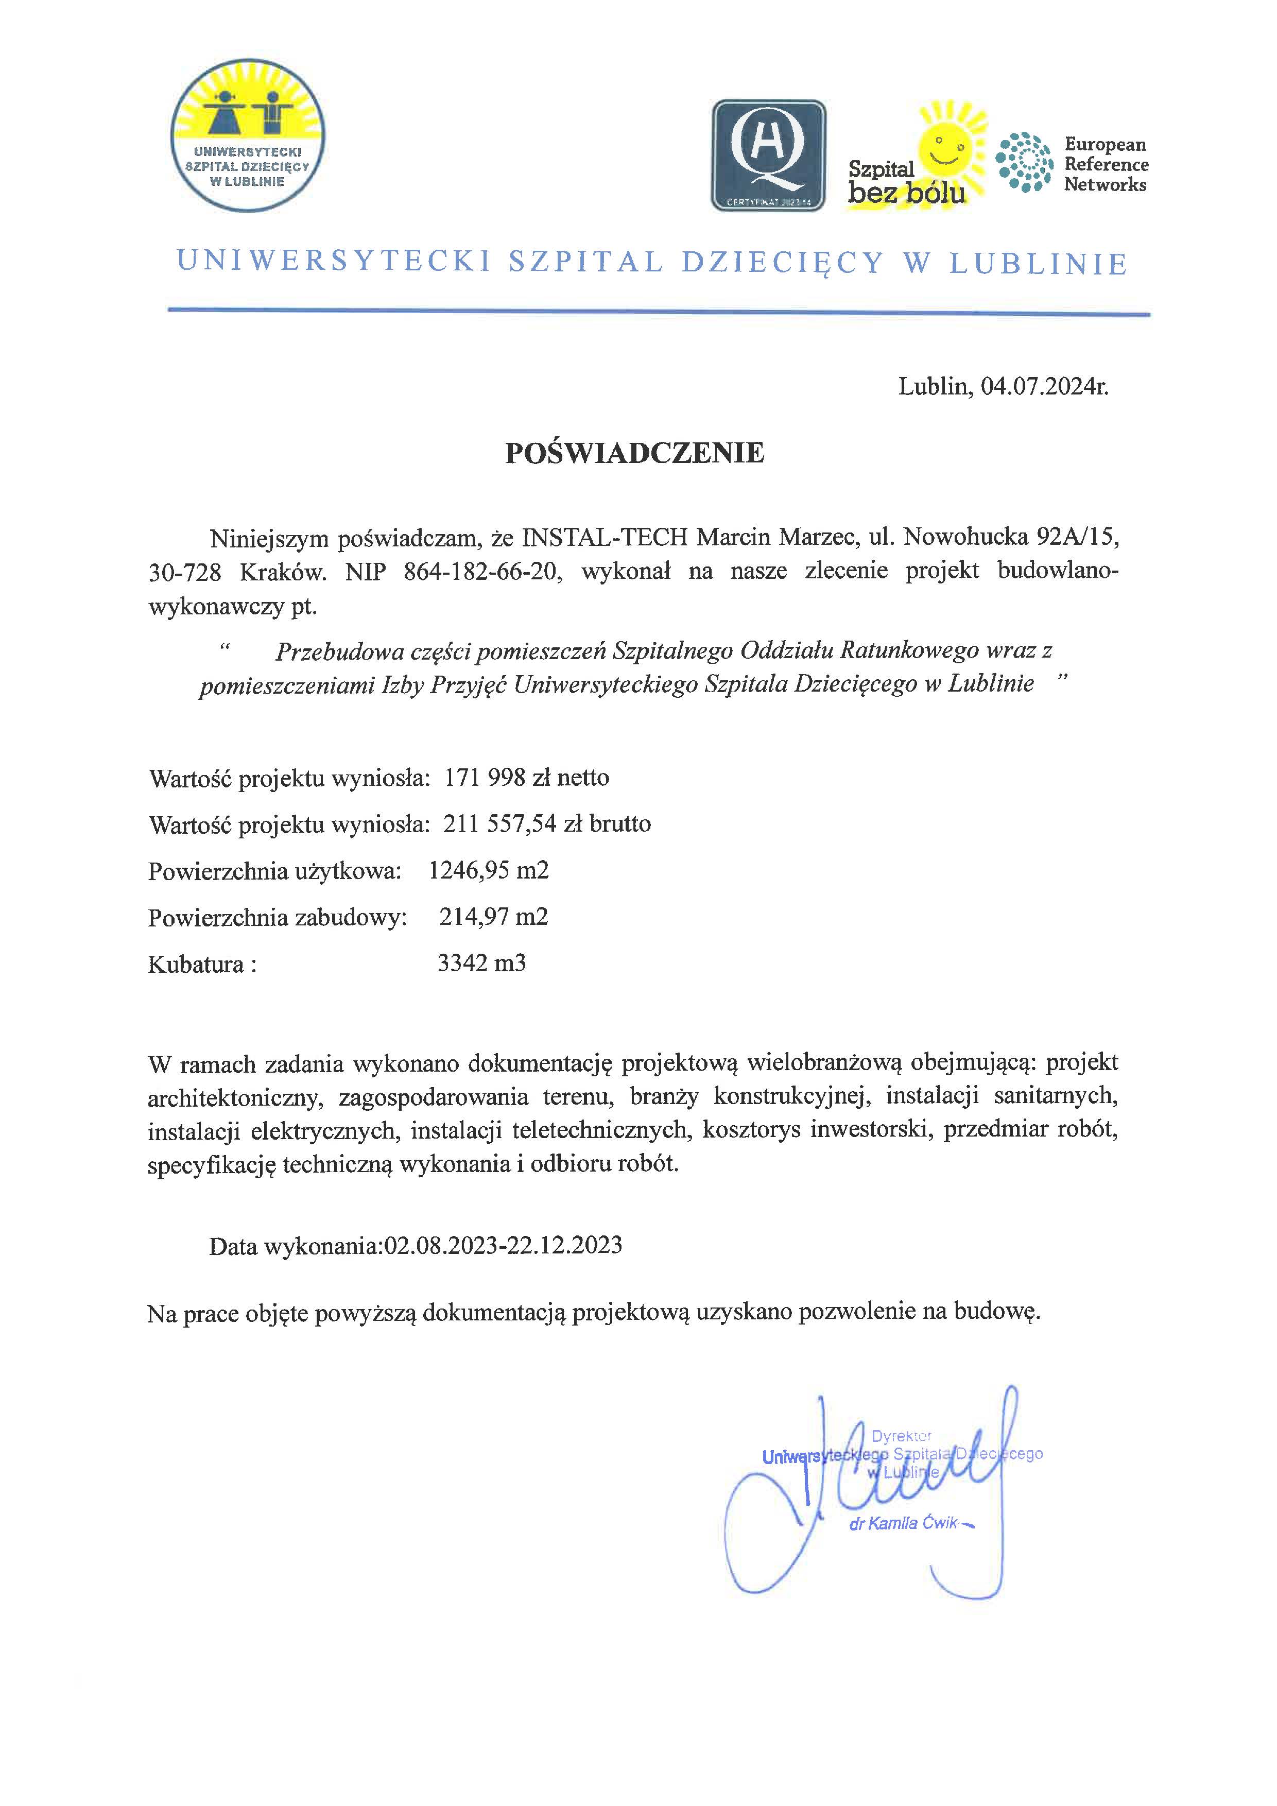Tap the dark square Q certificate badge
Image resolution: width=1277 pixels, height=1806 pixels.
[x=768, y=156]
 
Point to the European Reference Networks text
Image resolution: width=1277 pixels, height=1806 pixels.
[x=1105, y=164]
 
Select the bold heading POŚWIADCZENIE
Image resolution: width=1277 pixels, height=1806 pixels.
[x=634, y=453]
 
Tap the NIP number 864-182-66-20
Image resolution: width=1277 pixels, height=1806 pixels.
[x=484, y=572]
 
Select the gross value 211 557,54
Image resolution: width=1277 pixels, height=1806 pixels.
[x=500, y=823]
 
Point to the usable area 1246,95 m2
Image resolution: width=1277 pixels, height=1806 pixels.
[x=488, y=870]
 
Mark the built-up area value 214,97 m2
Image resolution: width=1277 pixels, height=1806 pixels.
[x=494, y=916]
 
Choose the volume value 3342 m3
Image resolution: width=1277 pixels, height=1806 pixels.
[x=481, y=963]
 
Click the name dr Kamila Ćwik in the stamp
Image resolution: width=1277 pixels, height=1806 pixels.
[x=904, y=1523]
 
